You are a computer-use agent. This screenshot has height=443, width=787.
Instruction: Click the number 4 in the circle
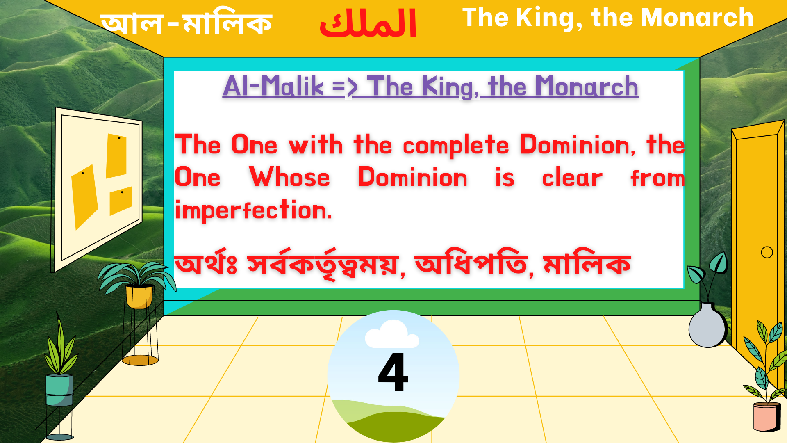(393, 372)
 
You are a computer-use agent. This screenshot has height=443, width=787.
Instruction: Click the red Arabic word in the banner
(368, 24)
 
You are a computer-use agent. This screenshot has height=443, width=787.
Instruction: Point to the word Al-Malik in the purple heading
(273, 87)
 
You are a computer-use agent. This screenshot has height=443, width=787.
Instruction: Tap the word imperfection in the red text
(253, 210)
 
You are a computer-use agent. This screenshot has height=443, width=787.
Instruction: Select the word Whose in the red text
(289, 178)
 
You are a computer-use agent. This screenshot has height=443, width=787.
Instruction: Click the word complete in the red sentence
(456, 145)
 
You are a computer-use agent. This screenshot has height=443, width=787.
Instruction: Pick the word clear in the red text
(572, 178)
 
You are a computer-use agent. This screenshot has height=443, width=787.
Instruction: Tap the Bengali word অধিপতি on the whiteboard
(471, 264)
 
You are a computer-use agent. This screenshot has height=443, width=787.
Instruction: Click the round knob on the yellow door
(767, 252)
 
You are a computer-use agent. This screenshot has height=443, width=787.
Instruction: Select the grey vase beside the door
(707, 326)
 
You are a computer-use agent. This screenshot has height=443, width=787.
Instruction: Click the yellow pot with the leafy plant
(139, 296)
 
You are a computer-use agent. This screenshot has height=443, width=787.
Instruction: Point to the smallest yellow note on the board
(121, 201)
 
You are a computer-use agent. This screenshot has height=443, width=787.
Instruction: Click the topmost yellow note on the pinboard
(116, 155)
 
